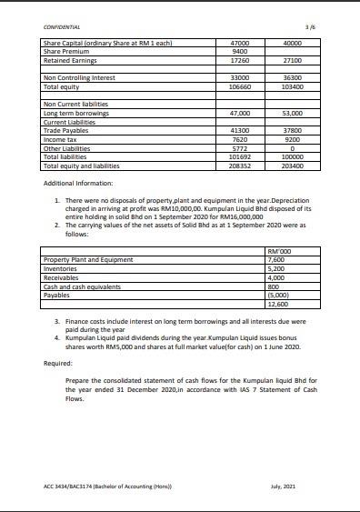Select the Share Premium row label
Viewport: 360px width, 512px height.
tap(63, 51)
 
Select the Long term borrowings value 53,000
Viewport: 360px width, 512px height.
tap(293, 113)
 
